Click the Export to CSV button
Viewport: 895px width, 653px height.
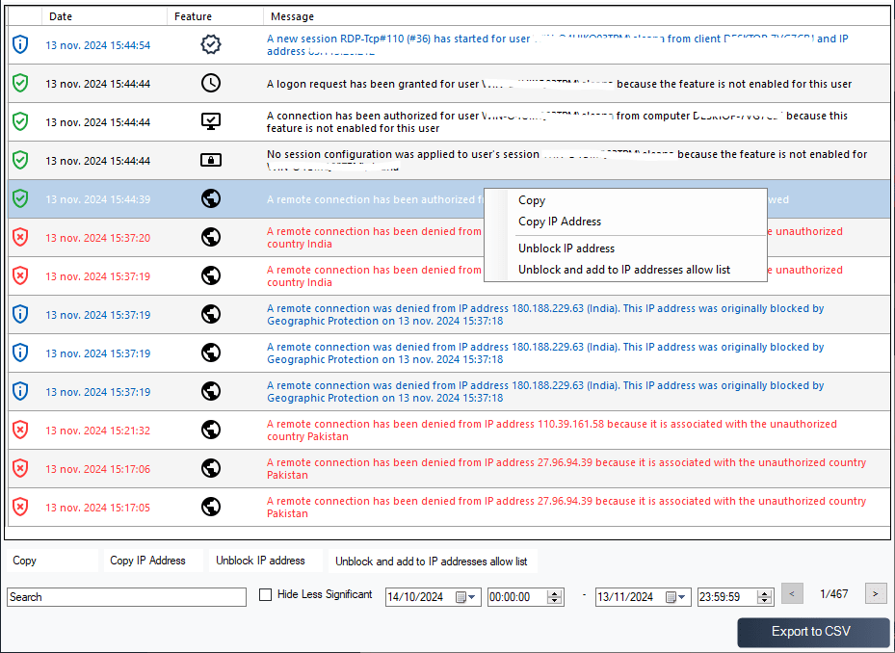click(810, 632)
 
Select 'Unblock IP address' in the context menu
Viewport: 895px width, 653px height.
click(566, 248)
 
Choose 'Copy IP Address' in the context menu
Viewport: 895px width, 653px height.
click(559, 222)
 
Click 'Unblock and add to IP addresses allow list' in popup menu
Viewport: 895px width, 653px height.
click(623, 270)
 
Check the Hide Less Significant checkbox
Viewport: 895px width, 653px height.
click(266, 595)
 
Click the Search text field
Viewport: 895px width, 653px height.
click(126, 597)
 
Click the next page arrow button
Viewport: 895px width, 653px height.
click(875, 594)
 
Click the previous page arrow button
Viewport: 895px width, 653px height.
click(791, 594)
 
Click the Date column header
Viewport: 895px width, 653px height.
click(61, 16)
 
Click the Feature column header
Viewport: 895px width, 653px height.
click(193, 16)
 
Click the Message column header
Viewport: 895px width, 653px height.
click(292, 16)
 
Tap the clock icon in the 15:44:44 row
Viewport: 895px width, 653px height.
click(211, 84)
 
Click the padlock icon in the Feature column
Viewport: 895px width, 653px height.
click(211, 161)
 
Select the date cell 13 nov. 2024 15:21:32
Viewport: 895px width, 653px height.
click(97, 431)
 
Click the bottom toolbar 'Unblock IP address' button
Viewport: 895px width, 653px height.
click(260, 561)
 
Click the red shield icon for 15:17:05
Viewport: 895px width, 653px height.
click(20, 508)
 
